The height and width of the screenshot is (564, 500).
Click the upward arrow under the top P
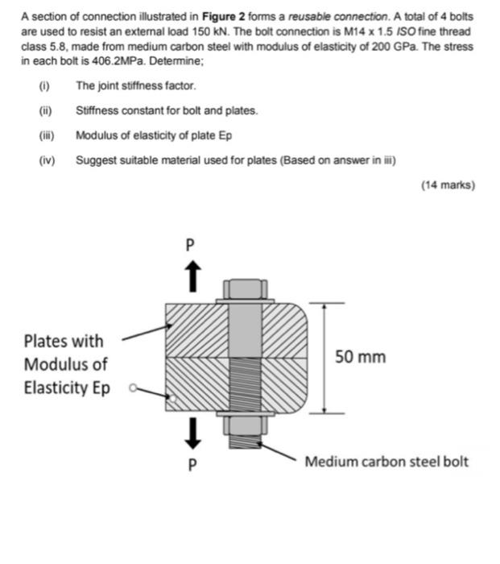191,277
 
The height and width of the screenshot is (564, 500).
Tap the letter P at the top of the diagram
191,244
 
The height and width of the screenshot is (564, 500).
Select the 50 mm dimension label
360,356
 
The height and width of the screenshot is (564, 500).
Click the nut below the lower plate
242,425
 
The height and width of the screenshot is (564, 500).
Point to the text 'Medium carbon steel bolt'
386,462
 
